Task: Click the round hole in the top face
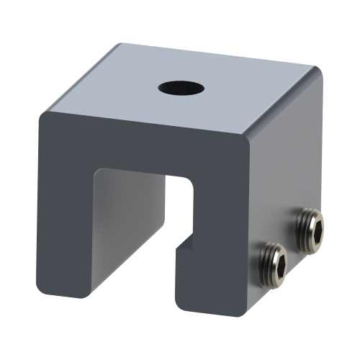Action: [x=181, y=89]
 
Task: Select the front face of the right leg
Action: [x=216, y=281]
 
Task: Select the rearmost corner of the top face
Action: [x=119, y=45]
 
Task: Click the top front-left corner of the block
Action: [x=43, y=114]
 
